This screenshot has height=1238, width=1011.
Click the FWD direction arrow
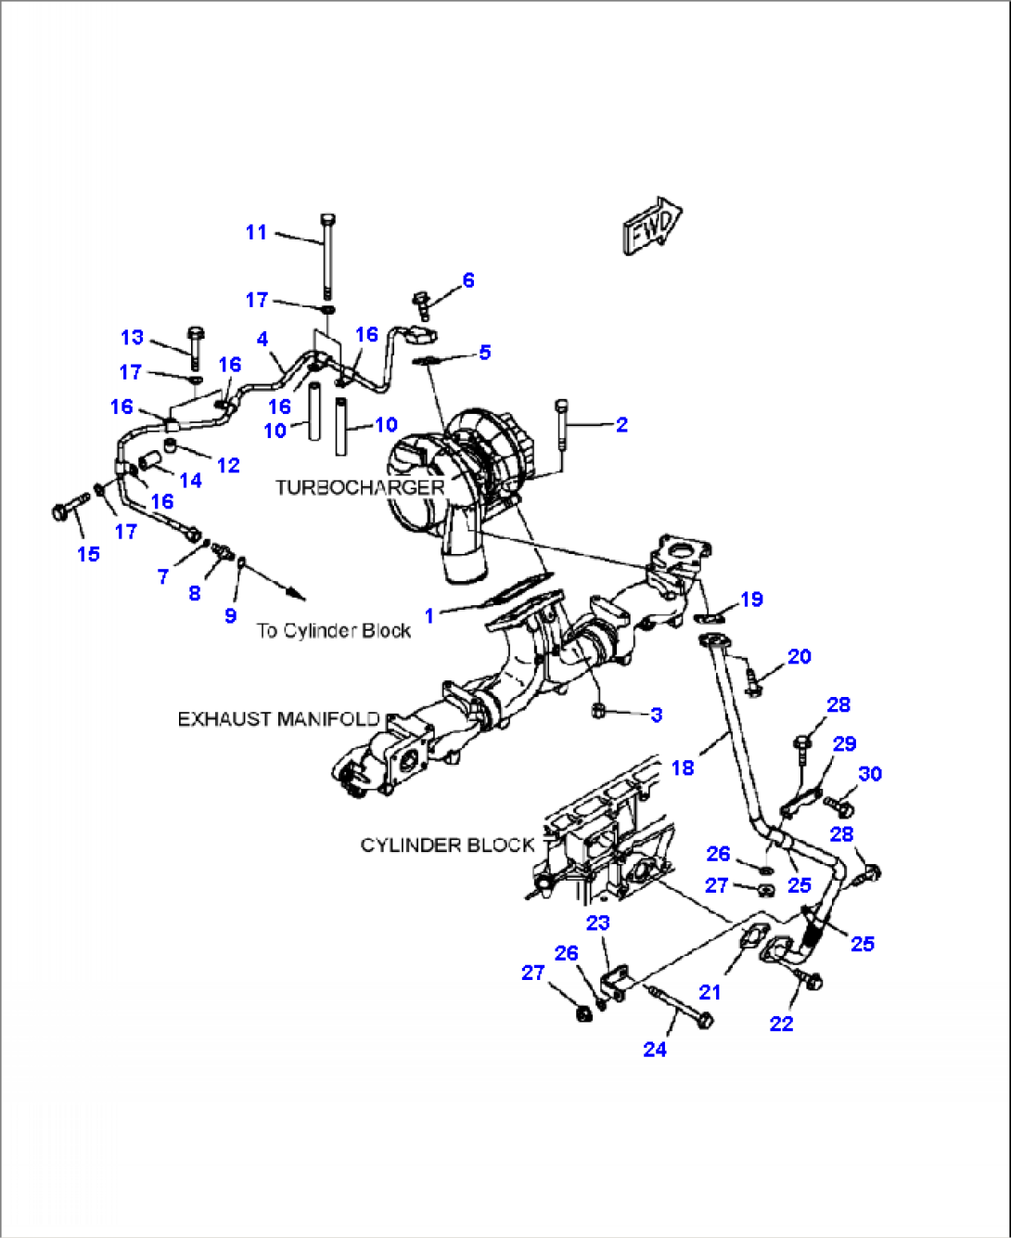[652, 226]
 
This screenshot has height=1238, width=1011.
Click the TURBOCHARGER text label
[360, 487]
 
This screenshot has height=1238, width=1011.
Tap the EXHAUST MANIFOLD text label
[278, 719]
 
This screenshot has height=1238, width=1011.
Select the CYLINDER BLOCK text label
[447, 845]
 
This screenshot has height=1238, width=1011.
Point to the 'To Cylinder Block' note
[334, 631]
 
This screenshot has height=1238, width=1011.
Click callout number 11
[256, 232]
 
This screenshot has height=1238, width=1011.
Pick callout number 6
[468, 280]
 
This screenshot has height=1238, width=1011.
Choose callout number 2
[621, 424]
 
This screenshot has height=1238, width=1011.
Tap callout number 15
[88, 554]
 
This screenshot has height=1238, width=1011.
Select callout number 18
[683, 767]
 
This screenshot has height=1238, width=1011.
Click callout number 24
[655, 1049]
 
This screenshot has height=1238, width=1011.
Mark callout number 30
[870, 774]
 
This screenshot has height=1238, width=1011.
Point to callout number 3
[657, 715]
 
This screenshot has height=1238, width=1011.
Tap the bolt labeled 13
[195, 346]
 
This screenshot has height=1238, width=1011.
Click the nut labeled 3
[598, 711]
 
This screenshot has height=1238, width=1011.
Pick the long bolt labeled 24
[682, 1008]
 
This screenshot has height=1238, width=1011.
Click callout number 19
[751, 600]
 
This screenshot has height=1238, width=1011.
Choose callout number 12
[228, 465]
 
